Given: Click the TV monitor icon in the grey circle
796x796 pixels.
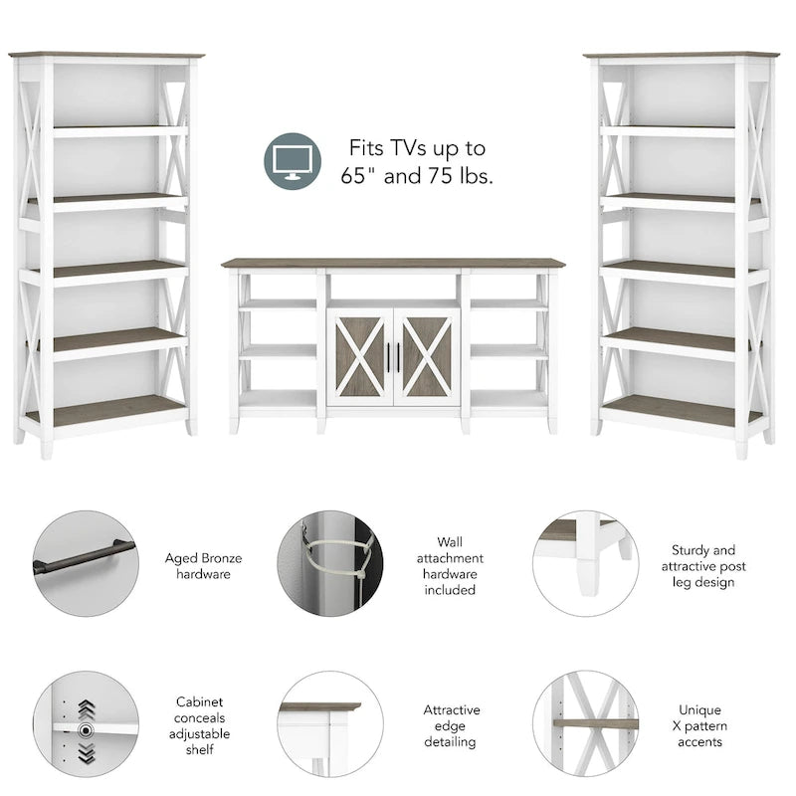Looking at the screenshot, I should click(293, 161).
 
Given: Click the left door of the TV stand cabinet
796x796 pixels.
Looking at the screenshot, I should click(360, 356).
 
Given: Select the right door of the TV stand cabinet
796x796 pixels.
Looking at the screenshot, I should click(426, 356).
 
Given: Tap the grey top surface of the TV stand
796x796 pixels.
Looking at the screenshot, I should click(392, 264).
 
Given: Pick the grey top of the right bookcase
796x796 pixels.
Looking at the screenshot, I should click(682, 55).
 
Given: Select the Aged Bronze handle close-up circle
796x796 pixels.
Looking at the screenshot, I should click(86, 564).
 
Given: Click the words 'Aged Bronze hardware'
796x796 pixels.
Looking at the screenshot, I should click(203, 566).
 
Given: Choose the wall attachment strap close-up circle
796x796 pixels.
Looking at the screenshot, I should click(330, 564).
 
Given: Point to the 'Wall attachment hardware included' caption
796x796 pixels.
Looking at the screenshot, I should click(450, 566).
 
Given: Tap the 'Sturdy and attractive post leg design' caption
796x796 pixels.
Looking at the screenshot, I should click(708, 566).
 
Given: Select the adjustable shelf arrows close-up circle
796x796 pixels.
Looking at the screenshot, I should click(86, 723).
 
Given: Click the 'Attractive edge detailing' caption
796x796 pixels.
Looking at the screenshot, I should click(452, 725).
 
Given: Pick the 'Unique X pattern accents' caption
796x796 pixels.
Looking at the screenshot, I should click(700, 725).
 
